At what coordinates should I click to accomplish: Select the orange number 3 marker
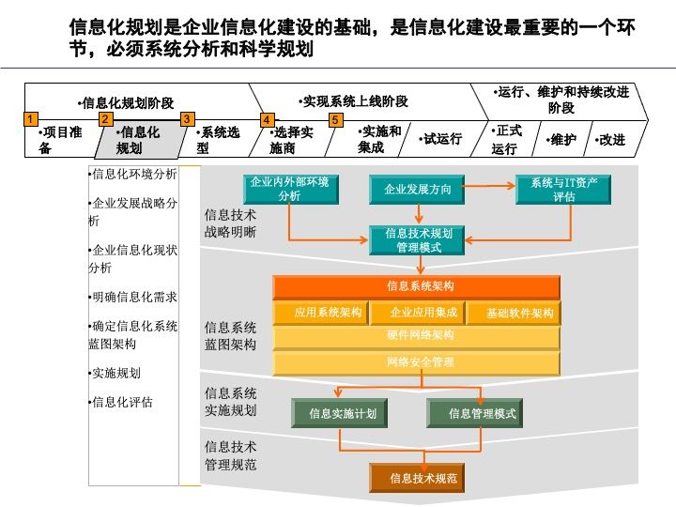pos(187,119)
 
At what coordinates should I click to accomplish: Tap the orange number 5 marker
pos(335,119)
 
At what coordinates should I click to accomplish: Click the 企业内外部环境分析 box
pos(289,189)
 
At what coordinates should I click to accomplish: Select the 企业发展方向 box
pos(418,190)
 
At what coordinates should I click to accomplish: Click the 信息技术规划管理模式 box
pos(419,240)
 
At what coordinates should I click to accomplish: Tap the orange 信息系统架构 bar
pos(417,286)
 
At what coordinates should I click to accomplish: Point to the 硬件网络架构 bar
pos(417,336)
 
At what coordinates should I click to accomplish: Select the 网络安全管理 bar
pos(417,361)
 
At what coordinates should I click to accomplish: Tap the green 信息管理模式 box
pos(482,413)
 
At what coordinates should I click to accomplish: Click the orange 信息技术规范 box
pos(423,479)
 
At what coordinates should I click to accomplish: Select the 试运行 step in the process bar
pos(442,139)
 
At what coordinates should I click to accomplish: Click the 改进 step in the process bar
pos(611,140)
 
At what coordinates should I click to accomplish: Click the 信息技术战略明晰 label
pos(230,223)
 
